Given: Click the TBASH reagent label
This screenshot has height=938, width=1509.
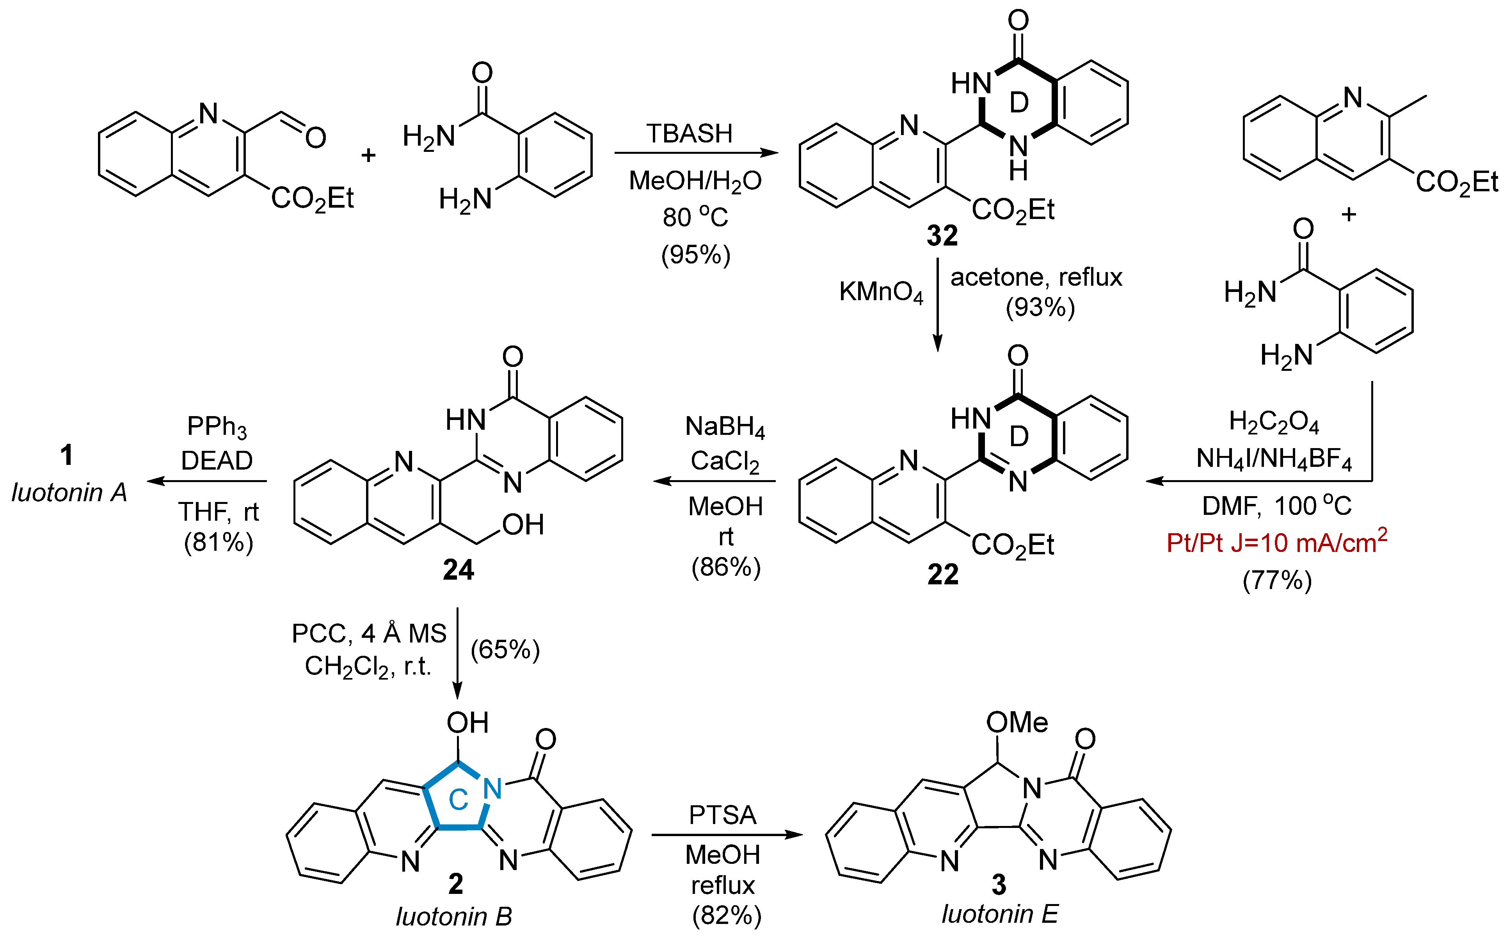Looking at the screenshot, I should point(689,133).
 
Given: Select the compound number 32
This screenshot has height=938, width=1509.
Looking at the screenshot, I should point(942,236).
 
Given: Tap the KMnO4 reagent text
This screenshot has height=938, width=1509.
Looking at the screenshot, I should point(881,292).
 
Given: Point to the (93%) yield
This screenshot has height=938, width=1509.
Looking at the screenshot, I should point(1040,307).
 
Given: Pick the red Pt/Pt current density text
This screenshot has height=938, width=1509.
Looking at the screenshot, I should point(1276,542).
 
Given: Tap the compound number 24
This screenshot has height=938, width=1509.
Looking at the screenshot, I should point(459,570).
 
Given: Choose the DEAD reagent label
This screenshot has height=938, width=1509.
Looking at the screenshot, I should point(217,460).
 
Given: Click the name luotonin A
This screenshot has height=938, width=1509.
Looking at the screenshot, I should point(69,493).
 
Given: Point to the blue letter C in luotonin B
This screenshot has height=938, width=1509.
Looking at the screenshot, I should point(459,800).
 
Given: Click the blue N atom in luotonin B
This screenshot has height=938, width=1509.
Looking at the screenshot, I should point(492,788).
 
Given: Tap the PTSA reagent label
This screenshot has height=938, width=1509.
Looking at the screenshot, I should point(723,815).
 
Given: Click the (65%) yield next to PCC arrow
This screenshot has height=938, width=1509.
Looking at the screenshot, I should point(505,650).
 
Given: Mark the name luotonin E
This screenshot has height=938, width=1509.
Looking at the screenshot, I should point(999,914).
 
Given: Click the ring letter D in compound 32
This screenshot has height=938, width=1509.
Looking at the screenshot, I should point(1019,102).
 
